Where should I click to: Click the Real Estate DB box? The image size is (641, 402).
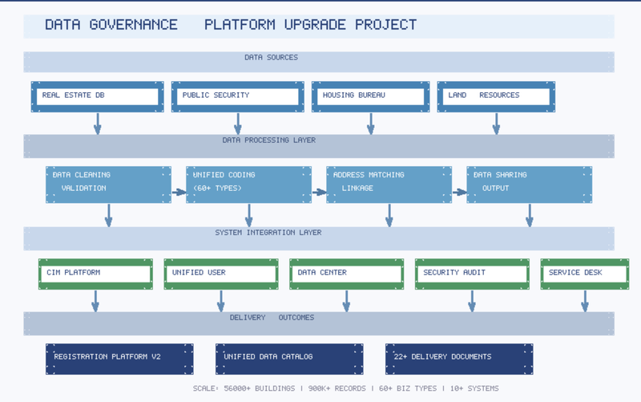(x=97, y=96)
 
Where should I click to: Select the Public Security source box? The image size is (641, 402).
(x=237, y=96)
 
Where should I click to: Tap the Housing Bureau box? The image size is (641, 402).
(x=370, y=96)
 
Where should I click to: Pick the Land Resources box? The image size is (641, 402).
(x=496, y=96)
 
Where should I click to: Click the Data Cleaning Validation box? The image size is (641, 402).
(x=108, y=185)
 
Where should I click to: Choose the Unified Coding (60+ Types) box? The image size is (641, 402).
(x=248, y=185)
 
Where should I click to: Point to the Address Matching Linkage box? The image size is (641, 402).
(x=389, y=185)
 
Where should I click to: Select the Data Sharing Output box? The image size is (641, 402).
(x=529, y=185)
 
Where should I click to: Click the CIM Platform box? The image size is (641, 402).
(x=95, y=274)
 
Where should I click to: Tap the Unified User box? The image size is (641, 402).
(x=221, y=274)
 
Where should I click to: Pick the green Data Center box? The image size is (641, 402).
(x=347, y=274)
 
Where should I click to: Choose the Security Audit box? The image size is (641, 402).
(x=472, y=274)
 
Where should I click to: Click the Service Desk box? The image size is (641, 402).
(x=585, y=274)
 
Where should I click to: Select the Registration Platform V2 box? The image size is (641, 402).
(x=119, y=359)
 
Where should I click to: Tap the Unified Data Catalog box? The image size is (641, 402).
(x=289, y=359)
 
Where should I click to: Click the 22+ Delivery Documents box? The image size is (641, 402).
(x=459, y=359)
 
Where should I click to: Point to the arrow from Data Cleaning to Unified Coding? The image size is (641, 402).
(x=179, y=192)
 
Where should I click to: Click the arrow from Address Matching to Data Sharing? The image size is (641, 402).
(x=459, y=192)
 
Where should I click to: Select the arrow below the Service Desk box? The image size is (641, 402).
(x=585, y=301)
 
